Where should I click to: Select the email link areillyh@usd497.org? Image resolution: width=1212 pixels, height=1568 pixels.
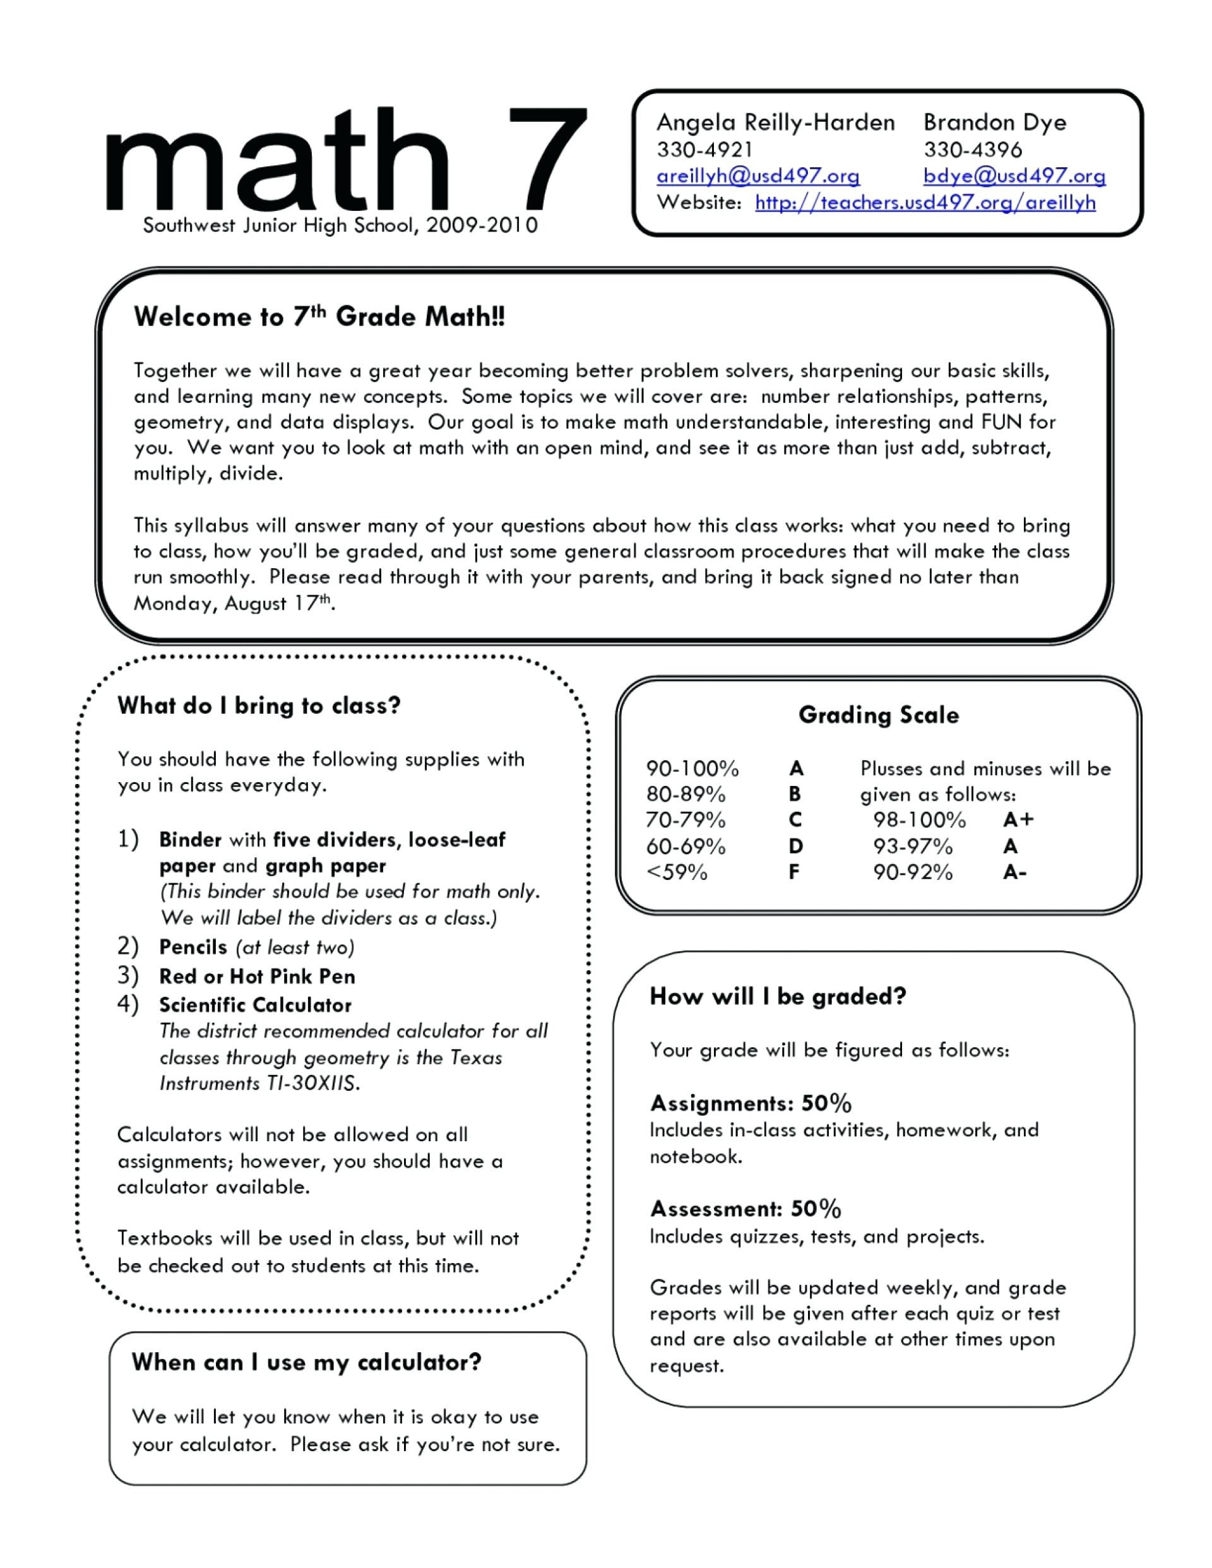tap(757, 176)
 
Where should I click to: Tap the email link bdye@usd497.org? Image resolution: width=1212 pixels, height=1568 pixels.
tap(1014, 176)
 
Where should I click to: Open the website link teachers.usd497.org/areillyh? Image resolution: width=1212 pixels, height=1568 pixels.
tap(925, 203)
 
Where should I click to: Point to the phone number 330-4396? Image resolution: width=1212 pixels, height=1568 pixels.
tap(972, 150)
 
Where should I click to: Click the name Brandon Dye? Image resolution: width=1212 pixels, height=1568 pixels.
tap(994, 122)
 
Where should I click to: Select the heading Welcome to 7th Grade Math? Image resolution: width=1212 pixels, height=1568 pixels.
tap(319, 317)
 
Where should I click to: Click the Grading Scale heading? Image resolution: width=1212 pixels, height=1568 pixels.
tap(878, 715)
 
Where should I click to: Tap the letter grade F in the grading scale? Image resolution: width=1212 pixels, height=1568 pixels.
tap(794, 872)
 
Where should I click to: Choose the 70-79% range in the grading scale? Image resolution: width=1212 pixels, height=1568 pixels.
tap(686, 820)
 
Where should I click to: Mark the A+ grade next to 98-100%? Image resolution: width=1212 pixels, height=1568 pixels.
tap(1018, 820)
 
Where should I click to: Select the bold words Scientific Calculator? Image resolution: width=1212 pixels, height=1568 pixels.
tap(255, 1005)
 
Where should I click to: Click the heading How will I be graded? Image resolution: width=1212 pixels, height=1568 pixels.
tap(778, 997)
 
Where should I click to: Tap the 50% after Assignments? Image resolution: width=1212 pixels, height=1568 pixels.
tap(826, 1103)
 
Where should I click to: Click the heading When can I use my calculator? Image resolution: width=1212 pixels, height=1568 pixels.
tap(307, 1362)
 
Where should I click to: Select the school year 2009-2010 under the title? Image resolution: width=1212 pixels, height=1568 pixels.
tap(481, 226)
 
